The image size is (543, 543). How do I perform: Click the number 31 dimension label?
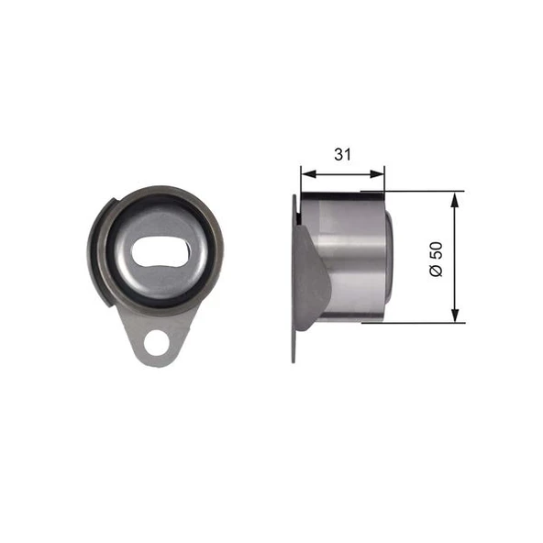[342, 155]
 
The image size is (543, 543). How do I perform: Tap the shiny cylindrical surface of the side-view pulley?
[353, 257]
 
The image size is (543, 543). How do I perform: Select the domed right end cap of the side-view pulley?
[388, 257]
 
